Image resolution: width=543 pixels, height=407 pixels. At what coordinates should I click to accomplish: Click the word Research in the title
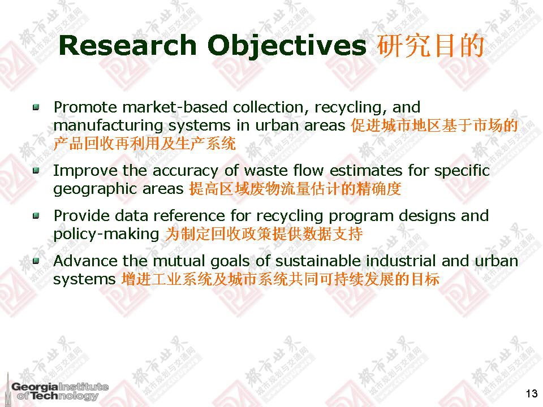[127, 45]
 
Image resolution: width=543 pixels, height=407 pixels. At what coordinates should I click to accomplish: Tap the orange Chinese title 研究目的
[430, 46]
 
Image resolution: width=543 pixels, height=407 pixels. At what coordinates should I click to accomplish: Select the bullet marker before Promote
[36, 107]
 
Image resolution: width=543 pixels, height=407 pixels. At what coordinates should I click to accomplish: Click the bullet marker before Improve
[36, 171]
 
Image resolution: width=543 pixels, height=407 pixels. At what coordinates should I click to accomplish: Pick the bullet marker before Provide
[36, 217]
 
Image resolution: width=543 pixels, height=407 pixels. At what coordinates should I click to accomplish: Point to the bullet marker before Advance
[36, 261]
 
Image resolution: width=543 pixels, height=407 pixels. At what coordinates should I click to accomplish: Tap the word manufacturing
[108, 126]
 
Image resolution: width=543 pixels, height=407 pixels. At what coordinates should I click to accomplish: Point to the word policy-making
[106, 235]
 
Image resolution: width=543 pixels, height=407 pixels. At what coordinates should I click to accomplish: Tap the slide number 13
[532, 393]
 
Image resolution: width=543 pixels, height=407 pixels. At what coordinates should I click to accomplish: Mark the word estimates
[366, 171]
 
